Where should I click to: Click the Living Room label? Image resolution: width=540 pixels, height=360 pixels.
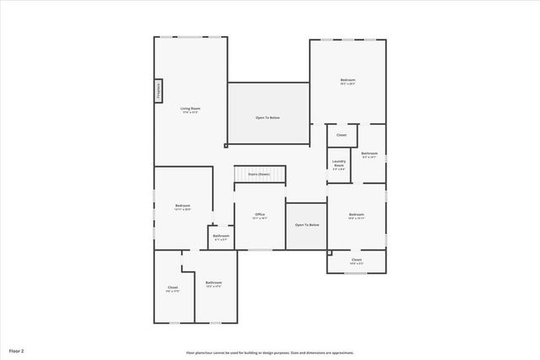tap(190, 109)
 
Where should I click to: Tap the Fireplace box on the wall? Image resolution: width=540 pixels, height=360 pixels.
tap(158, 91)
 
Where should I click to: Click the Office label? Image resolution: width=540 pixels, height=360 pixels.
tap(260, 215)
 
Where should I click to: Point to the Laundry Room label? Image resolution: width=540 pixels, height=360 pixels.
tap(339, 163)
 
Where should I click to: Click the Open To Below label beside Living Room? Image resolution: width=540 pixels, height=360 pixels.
tap(267, 117)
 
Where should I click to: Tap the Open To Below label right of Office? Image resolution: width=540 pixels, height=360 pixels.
tap(306, 225)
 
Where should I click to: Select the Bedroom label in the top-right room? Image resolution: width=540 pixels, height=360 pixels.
tap(348, 80)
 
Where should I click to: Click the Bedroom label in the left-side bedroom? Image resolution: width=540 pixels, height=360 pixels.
tap(182, 206)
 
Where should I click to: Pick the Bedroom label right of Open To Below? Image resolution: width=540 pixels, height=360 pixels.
tap(356, 215)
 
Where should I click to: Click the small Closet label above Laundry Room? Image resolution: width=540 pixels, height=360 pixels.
tap(341, 135)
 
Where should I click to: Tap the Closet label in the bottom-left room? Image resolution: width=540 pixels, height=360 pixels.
tap(172, 287)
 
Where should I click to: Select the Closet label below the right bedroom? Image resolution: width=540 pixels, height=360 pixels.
tap(356, 260)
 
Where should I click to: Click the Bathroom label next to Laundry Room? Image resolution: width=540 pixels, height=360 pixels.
tap(369, 153)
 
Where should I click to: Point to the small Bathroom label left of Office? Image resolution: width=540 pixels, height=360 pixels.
tap(219, 235)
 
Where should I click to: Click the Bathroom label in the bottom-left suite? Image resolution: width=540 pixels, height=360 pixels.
tap(213, 282)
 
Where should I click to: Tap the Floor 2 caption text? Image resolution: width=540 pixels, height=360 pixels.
tap(17, 349)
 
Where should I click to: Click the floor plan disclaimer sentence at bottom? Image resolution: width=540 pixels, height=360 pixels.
tap(270, 352)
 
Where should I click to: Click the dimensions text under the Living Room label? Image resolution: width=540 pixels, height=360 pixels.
tap(190, 113)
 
